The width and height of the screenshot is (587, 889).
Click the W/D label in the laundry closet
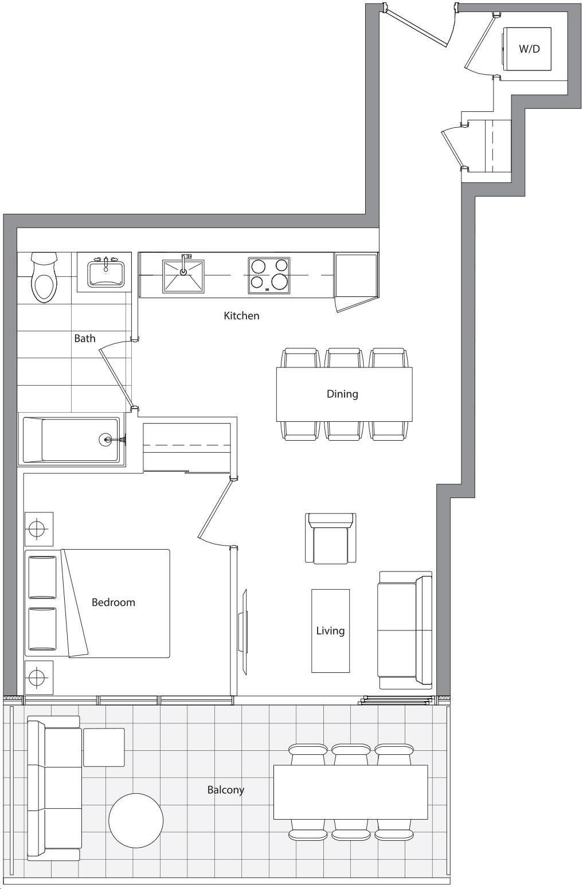(x=530, y=49)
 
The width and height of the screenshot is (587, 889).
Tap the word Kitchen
(x=241, y=316)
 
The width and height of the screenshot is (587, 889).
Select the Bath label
(x=85, y=339)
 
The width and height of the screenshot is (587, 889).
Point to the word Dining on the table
(x=342, y=394)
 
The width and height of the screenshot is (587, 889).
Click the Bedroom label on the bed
(x=114, y=602)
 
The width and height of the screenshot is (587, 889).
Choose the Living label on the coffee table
(x=330, y=631)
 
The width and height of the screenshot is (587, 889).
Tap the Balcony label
(x=226, y=790)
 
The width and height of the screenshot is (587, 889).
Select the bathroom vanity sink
(x=105, y=272)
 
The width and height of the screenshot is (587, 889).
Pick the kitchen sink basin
(x=183, y=277)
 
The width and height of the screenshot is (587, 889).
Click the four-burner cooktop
(x=269, y=276)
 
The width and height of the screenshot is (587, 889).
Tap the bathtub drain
(x=105, y=439)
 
